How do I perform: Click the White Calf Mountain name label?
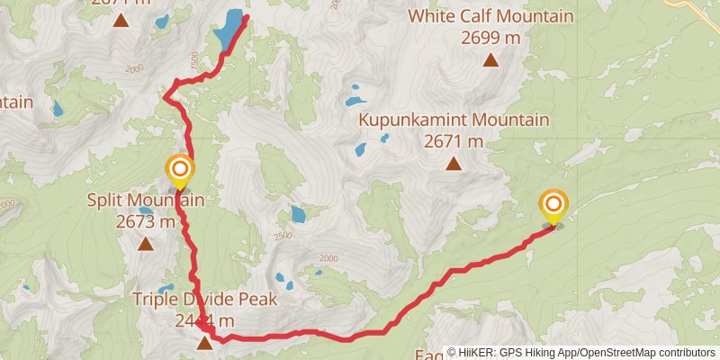point(490,16)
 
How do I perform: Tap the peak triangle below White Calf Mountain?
point(490,60)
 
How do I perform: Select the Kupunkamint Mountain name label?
point(454,120)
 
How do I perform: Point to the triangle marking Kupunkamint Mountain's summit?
point(454,164)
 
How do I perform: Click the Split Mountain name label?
point(146,200)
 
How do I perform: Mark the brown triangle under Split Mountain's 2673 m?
point(146,244)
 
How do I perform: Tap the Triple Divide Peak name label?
point(204,299)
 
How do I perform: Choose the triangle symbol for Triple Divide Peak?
point(205,343)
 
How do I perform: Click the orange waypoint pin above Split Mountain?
point(180,170)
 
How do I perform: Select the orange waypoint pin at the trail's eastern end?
point(553,206)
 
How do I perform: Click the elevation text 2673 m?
point(146,221)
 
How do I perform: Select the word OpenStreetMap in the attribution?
point(621,353)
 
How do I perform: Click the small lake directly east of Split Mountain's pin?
point(297,214)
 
